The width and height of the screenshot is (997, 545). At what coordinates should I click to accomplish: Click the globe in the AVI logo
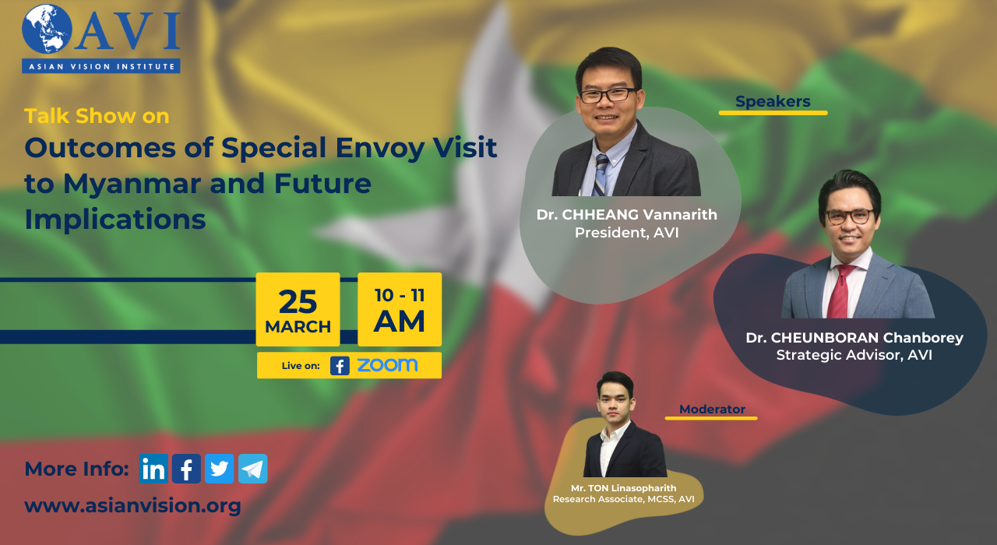[x=48, y=29]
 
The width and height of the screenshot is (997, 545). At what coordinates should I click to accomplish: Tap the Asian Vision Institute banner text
[x=101, y=67]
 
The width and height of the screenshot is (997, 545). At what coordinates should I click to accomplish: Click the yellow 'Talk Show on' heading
[x=97, y=116]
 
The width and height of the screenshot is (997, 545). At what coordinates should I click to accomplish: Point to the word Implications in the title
[x=114, y=220]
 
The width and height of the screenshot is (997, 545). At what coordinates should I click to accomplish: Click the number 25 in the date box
[x=298, y=302]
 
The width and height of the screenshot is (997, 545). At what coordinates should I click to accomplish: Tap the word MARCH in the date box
[x=298, y=327]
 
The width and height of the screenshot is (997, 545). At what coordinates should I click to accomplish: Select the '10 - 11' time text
[x=400, y=295]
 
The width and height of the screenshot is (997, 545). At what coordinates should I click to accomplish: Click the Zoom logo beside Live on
[x=387, y=365]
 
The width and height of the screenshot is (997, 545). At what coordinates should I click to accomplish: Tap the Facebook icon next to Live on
[x=340, y=366]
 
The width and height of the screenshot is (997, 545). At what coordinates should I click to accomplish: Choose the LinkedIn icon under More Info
[x=153, y=469]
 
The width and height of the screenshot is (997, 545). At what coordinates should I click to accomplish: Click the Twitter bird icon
[x=219, y=469]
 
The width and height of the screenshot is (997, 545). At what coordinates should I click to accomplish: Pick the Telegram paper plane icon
[x=253, y=469]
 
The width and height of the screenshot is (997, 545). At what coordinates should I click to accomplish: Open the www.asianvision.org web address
[x=132, y=506]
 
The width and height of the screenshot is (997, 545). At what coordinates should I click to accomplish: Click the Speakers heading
[x=773, y=101]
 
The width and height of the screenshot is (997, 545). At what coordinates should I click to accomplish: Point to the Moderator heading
[x=712, y=410]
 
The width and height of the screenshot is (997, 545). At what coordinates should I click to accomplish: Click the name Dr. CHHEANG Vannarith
[x=627, y=215]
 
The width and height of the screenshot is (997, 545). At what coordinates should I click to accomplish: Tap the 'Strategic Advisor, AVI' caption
[x=854, y=355]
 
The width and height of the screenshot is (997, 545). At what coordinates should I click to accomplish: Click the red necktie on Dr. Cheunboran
[x=840, y=291]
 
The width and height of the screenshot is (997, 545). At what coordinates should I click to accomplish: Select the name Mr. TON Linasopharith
[x=624, y=488]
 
